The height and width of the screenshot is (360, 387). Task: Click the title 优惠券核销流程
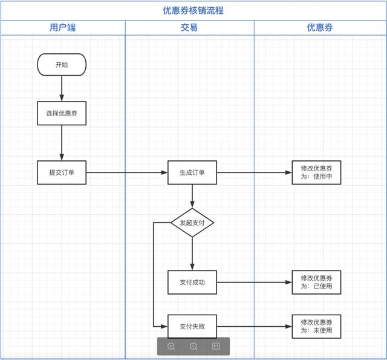pyautogui.click(x=193, y=10)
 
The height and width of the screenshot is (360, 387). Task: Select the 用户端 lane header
pyautogui.click(x=63, y=28)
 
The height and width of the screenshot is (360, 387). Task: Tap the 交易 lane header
pyautogui.click(x=189, y=28)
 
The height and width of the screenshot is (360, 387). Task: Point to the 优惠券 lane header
pyautogui.click(x=320, y=28)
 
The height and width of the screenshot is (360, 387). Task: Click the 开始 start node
pyautogui.click(x=62, y=65)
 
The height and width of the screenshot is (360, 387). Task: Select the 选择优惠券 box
pyautogui.click(x=62, y=113)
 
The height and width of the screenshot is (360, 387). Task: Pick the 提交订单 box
pyautogui.click(x=62, y=172)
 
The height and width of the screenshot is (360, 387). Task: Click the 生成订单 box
pyautogui.click(x=192, y=172)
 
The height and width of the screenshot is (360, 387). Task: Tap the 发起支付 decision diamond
pyautogui.click(x=192, y=223)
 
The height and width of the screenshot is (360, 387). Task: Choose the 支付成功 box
pyautogui.click(x=192, y=282)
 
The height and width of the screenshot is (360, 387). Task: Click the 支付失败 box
pyautogui.click(x=192, y=327)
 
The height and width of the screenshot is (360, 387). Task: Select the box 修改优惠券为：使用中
pyautogui.click(x=316, y=172)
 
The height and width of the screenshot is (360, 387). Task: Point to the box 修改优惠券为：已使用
pyautogui.click(x=316, y=282)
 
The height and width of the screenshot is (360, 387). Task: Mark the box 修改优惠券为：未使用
pyautogui.click(x=316, y=327)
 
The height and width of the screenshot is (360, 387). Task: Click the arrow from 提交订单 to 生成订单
pyautogui.click(x=127, y=172)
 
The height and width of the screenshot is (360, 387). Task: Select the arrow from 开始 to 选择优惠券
pyautogui.click(x=62, y=88)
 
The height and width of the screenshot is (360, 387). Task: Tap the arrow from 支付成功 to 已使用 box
pyautogui.click(x=254, y=282)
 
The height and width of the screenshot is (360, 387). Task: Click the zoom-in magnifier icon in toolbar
pyautogui.click(x=171, y=346)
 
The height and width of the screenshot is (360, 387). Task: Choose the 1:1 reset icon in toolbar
pyautogui.click(x=216, y=346)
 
